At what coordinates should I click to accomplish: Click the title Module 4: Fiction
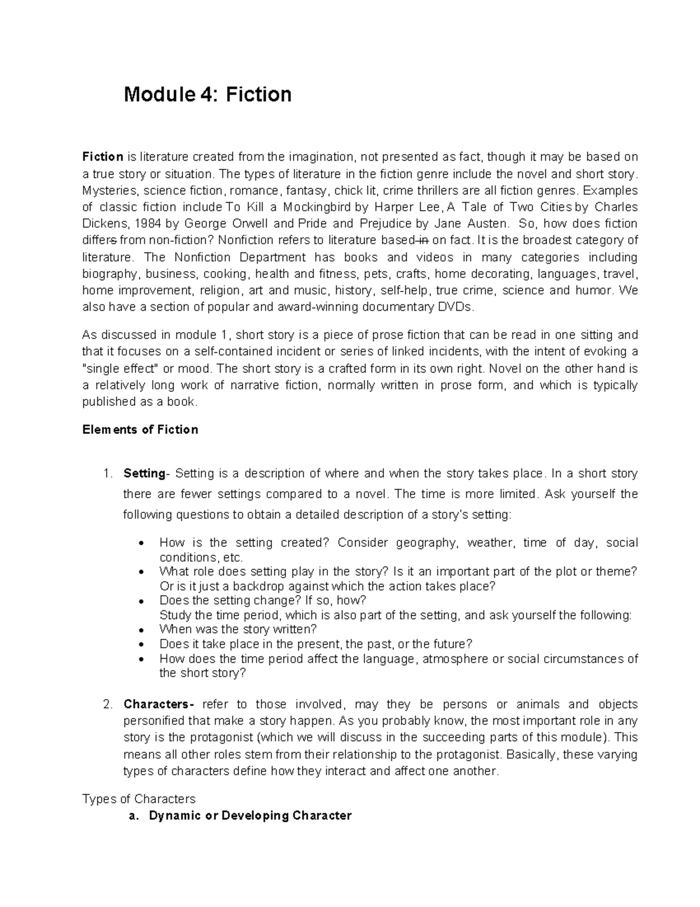207,94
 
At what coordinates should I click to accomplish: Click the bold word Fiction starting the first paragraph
103,157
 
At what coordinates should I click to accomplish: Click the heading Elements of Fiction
140,430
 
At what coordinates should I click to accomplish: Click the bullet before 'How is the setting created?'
142,544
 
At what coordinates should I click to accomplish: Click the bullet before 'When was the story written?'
142,630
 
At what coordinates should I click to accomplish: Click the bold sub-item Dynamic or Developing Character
250,816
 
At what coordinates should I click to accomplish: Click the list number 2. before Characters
107,704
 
